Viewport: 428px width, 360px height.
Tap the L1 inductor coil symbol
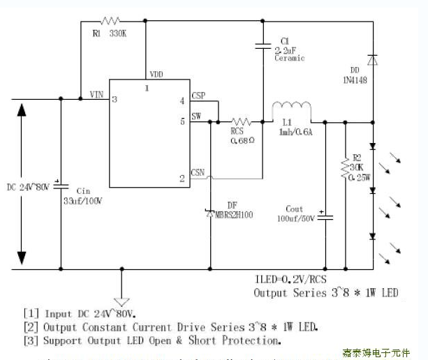click(x=291, y=108)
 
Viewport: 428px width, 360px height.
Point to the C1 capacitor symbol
click(x=263, y=47)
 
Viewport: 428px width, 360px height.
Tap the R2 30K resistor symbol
click(x=344, y=168)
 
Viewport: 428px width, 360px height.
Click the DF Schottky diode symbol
click(x=210, y=212)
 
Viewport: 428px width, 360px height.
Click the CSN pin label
click(x=198, y=172)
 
